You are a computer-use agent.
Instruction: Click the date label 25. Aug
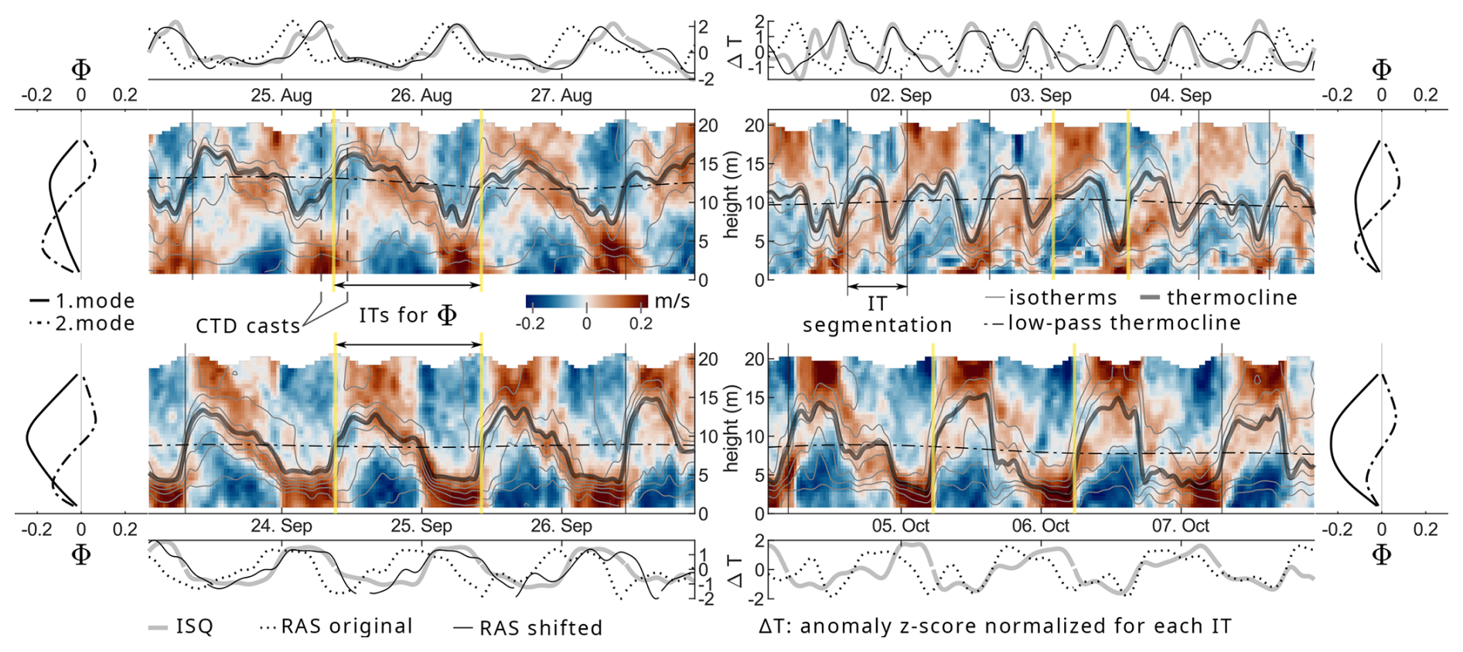click(x=281, y=96)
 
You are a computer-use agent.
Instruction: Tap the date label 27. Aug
click(x=561, y=96)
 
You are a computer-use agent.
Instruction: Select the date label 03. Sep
click(x=1041, y=96)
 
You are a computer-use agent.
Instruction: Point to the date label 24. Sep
click(x=281, y=526)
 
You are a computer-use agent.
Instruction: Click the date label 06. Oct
click(x=1041, y=526)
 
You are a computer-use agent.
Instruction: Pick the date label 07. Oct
click(x=1181, y=526)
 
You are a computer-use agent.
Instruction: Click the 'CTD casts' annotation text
click(x=247, y=326)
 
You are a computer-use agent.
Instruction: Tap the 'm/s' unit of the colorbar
click(x=672, y=301)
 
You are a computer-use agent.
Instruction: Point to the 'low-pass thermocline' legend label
click(x=1124, y=323)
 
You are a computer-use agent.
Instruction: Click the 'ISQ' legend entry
click(x=194, y=626)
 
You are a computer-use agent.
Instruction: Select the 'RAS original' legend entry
click(x=346, y=626)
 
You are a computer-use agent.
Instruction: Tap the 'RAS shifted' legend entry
click(x=541, y=628)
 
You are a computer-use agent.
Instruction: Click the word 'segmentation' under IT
click(x=877, y=325)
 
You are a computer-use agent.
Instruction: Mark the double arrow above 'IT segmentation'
click(x=877, y=287)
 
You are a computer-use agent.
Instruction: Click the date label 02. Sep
click(x=901, y=96)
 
